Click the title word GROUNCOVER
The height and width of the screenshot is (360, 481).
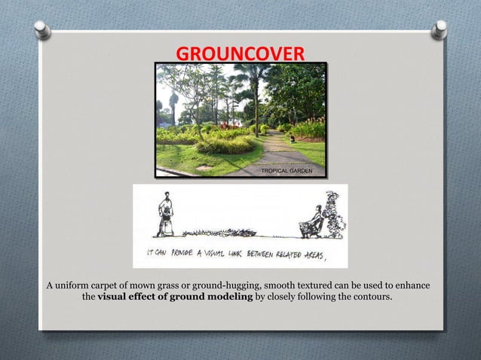click(x=240, y=53)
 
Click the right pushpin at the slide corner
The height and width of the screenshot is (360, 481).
click(x=439, y=29)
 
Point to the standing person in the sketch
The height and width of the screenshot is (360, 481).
click(x=165, y=212)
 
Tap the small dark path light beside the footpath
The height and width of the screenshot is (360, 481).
click(x=292, y=138)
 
